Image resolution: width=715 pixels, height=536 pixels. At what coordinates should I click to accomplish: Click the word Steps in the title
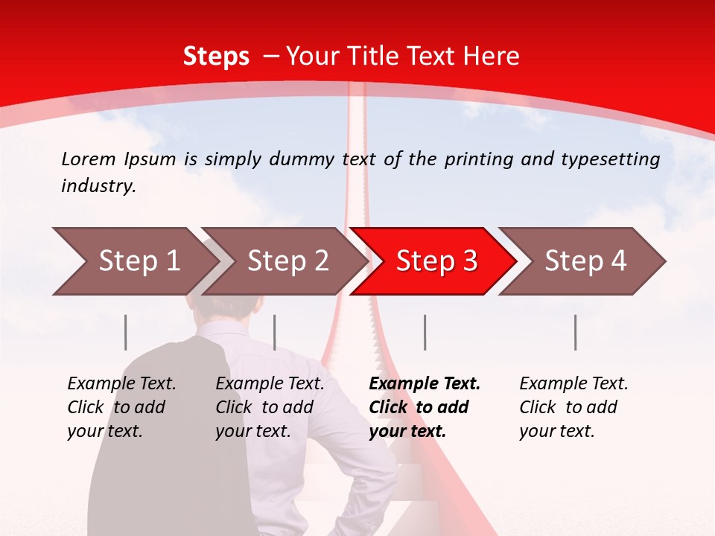click(216, 57)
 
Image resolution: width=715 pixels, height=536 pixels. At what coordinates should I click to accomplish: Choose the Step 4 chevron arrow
click(585, 261)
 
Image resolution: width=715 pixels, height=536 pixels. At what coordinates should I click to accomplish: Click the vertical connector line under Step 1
click(126, 332)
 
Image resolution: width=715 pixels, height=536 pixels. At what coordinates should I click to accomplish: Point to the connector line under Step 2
click(275, 332)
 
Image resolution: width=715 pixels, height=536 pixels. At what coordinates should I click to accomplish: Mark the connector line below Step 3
click(425, 332)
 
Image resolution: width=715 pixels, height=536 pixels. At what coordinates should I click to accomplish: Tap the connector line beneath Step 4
click(575, 332)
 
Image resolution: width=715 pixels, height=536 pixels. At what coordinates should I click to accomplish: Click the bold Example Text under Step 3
click(425, 407)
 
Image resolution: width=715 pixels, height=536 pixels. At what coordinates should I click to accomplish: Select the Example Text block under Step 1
click(121, 407)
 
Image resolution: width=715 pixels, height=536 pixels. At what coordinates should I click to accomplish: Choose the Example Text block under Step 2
click(270, 407)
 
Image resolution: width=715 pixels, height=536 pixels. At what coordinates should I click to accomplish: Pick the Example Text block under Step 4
click(573, 407)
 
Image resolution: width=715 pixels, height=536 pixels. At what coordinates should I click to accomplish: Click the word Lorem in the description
click(88, 159)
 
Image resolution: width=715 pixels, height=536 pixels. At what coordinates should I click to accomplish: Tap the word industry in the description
click(98, 186)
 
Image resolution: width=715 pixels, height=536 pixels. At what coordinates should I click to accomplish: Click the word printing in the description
click(474, 159)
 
